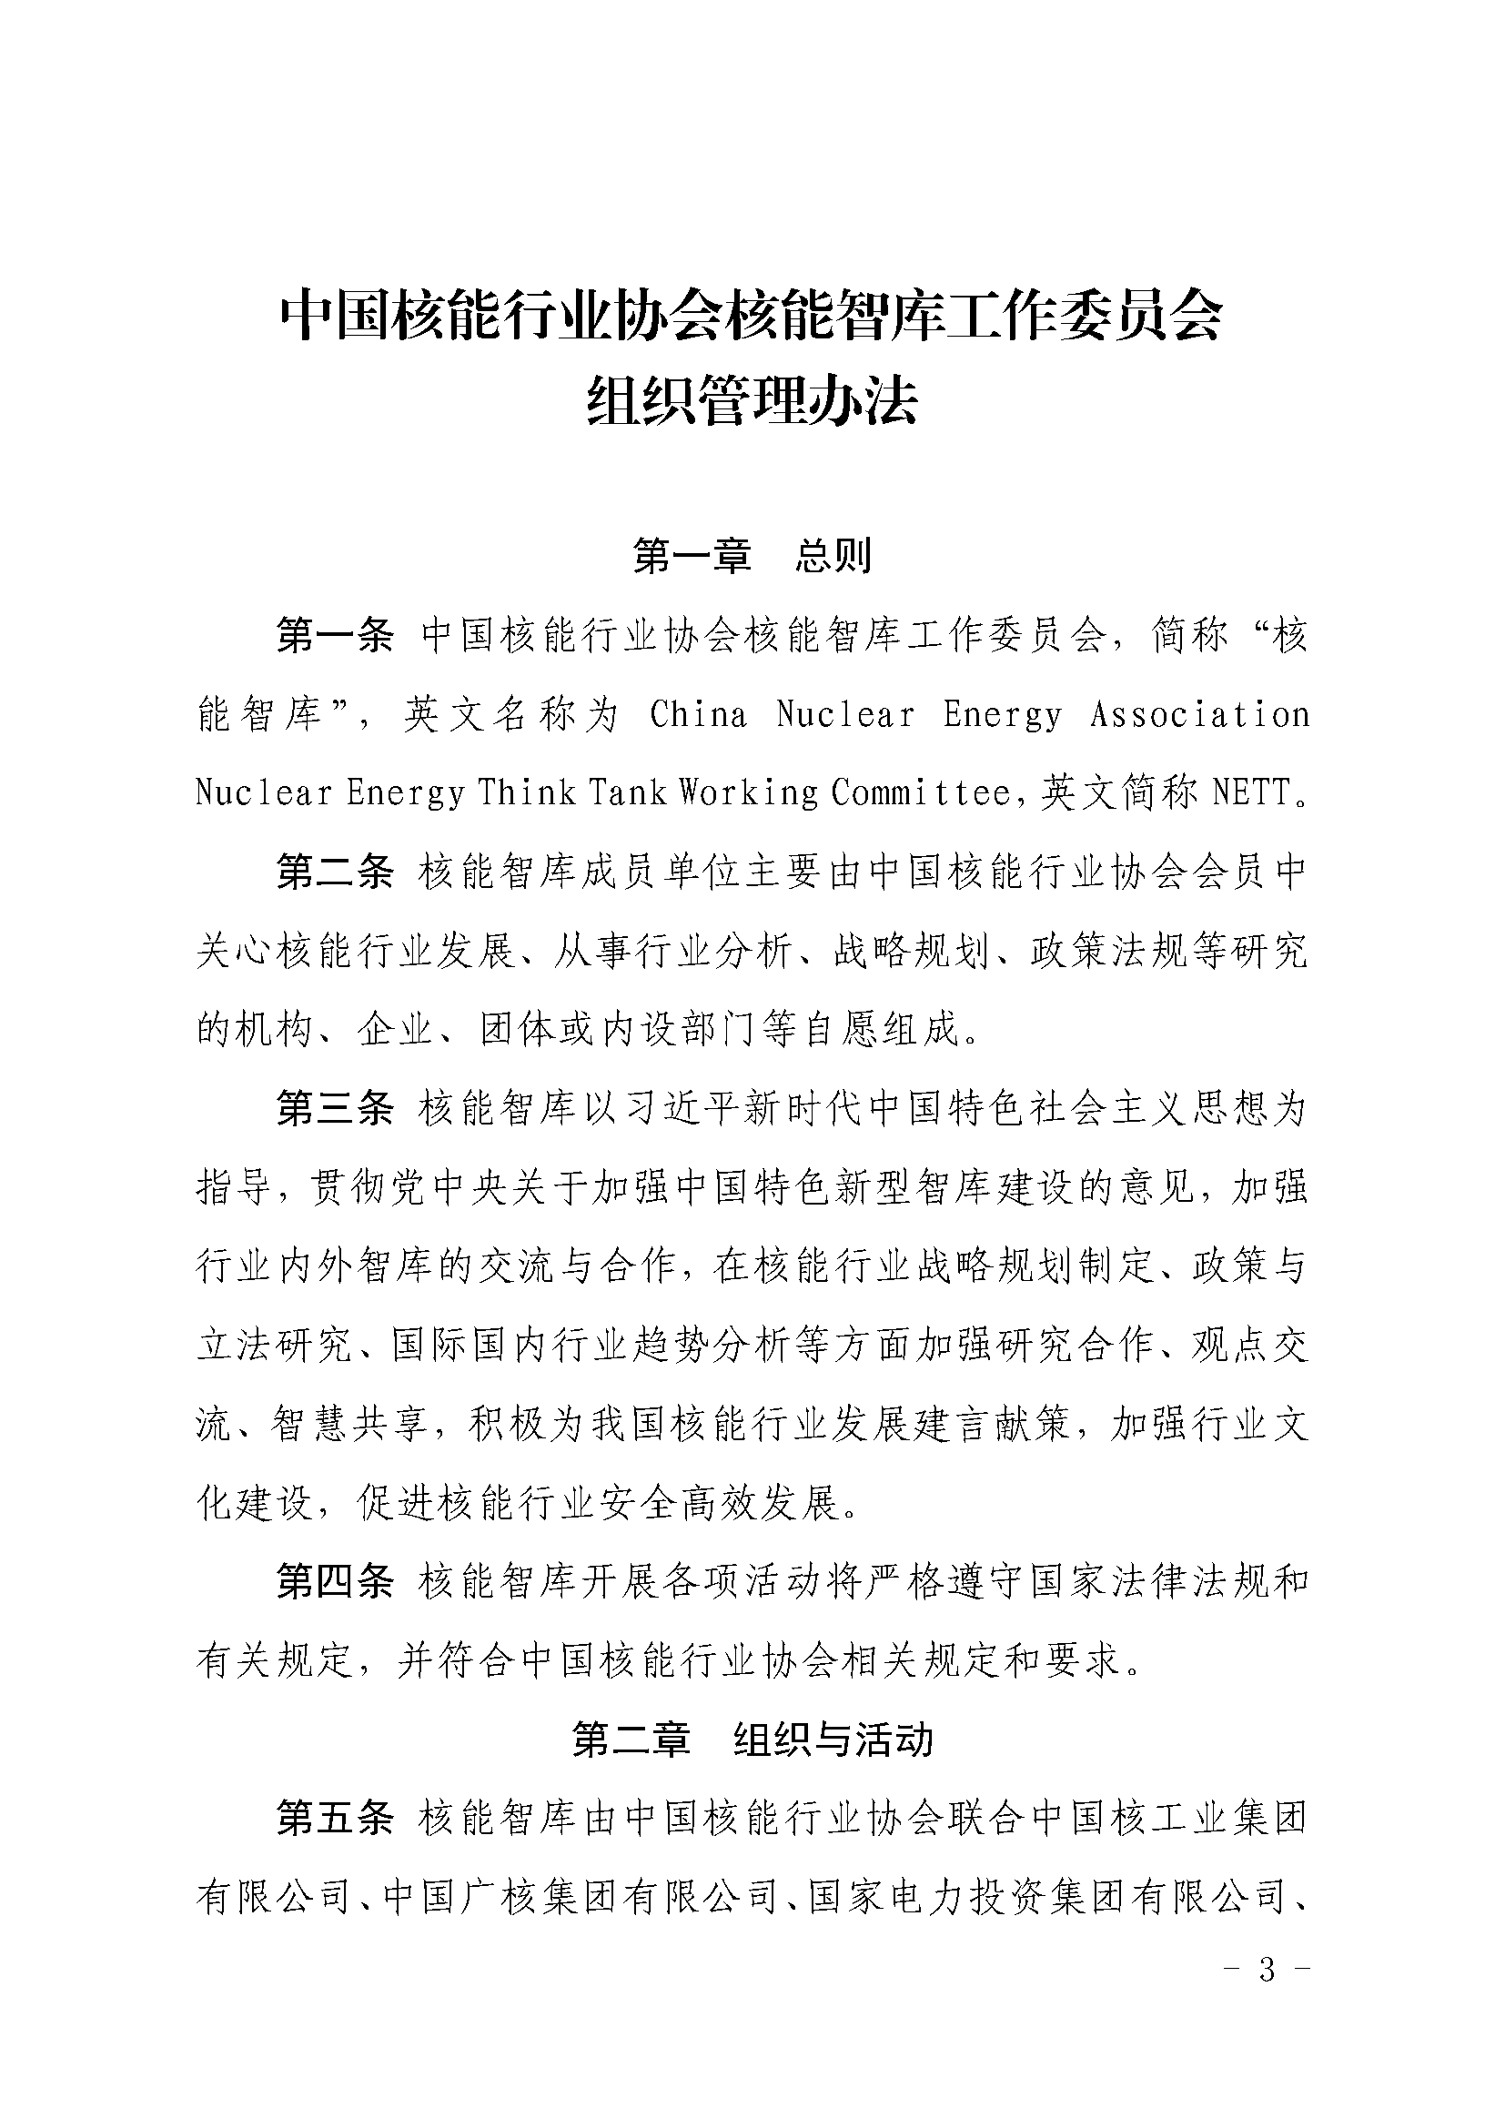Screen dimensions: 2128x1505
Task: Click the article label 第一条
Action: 336,637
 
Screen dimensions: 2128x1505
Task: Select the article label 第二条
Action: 336,872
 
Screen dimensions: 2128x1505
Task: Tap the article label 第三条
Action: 336,1107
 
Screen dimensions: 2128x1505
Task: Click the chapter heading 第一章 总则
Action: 752,556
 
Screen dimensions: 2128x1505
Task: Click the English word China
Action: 698,714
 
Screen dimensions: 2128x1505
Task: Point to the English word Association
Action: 1199,714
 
